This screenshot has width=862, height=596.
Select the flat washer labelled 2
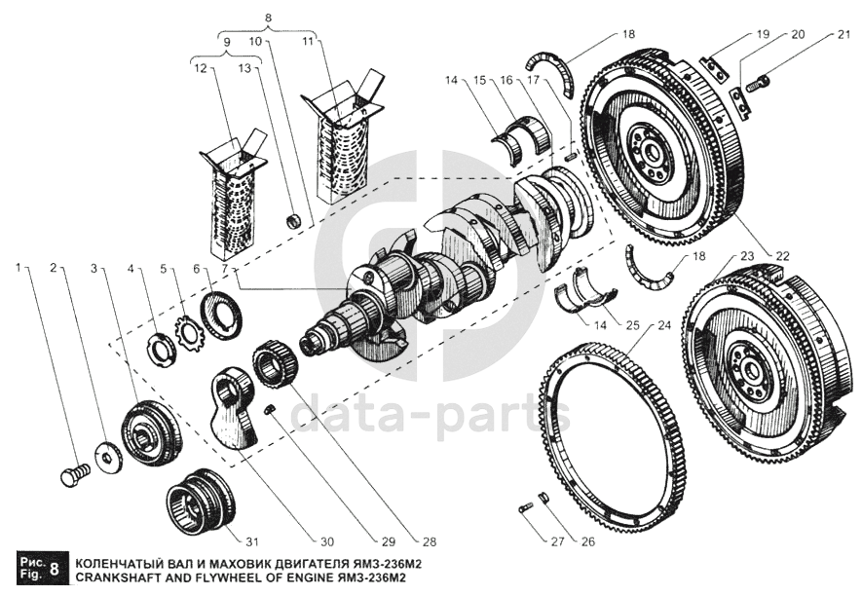105,455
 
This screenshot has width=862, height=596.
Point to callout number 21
842,36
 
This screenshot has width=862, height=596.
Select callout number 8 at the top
270,17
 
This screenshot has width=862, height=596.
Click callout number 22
781,255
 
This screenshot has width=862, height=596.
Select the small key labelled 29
273,410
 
